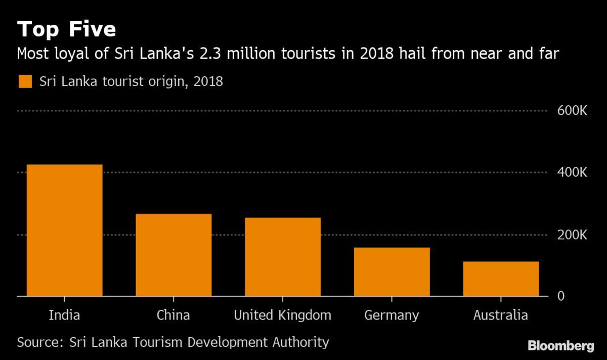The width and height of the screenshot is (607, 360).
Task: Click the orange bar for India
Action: (64, 230)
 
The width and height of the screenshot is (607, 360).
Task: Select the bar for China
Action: (174, 255)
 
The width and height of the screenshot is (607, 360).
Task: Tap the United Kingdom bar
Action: (282, 257)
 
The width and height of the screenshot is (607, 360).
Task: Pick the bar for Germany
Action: (392, 272)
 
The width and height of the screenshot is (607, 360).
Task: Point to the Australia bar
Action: (501, 279)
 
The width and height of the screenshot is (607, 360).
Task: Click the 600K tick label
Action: (572, 111)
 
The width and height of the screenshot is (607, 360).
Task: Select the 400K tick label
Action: (572, 173)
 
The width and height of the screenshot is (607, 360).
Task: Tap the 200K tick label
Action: (572, 235)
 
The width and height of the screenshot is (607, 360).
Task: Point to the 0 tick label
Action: (561, 296)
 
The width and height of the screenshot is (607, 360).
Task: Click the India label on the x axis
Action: (64, 316)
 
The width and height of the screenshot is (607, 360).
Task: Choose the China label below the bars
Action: (174, 316)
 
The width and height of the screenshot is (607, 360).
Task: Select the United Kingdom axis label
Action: (282, 316)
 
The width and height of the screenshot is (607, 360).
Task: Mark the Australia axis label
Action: (501, 316)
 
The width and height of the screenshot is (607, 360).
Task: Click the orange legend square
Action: (25, 81)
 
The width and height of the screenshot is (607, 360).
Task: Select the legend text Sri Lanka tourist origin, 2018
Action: (131, 81)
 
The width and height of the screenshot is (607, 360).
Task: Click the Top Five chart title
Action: (67, 29)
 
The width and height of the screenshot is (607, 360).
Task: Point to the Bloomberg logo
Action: (560, 346)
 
